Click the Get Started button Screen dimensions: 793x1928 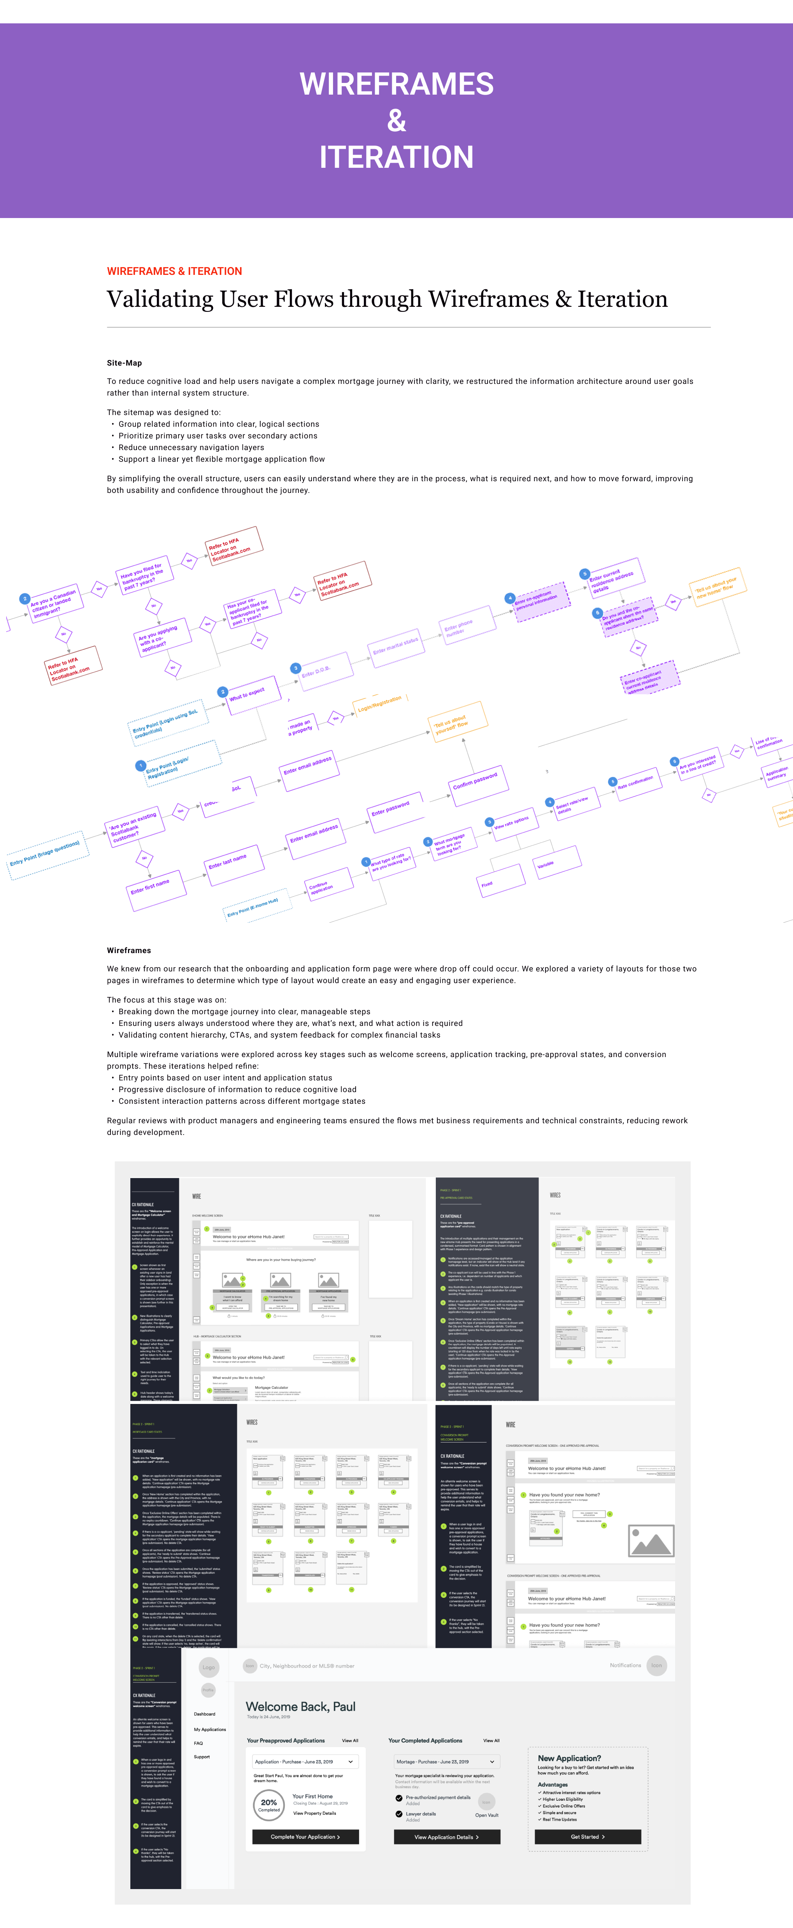[587, 1837]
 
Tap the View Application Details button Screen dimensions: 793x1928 [447, 1837]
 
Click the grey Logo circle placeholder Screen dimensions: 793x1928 [208, 1667]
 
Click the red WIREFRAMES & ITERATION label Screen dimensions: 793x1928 [174, 271]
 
